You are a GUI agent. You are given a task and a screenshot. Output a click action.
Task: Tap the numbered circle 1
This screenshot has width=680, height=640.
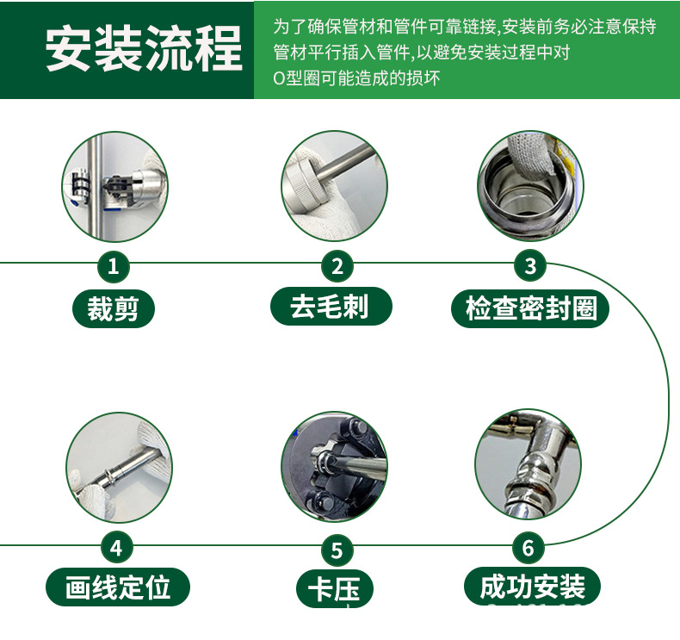(113, 265)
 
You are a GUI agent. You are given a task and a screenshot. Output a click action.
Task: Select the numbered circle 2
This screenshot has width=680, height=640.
(337, 265)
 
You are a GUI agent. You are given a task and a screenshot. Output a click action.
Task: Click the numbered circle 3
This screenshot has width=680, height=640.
(530, 265)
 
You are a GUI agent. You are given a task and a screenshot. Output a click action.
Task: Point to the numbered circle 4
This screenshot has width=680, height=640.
(117, 547)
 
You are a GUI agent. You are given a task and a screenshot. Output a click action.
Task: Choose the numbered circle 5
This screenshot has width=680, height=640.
(337, 550)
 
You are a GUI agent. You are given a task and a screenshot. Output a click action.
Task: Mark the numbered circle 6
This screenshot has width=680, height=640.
(529, 547)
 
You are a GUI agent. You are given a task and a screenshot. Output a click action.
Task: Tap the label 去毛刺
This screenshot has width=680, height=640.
(331, 307)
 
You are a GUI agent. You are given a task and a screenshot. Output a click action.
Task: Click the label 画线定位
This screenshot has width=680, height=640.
(117, 587)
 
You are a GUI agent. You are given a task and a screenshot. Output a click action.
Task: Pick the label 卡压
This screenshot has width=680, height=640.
(337, 589)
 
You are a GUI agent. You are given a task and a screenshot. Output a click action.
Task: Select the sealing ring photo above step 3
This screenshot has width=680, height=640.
(529, 184)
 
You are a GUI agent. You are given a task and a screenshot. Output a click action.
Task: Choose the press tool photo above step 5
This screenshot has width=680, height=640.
(335, 467)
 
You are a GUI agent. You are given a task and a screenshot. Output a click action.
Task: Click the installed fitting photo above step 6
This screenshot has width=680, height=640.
(529, 467)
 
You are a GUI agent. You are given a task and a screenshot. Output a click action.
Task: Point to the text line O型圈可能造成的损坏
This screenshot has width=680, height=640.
(356, 78)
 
